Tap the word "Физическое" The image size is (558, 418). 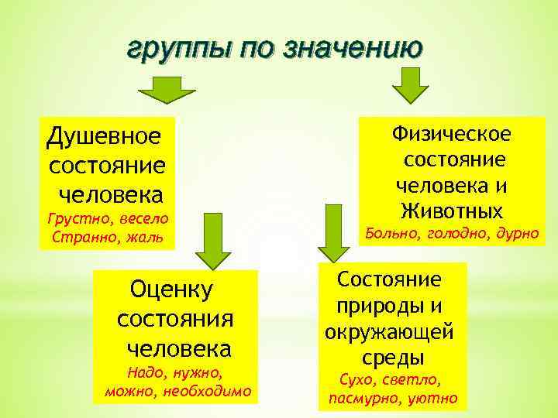451,134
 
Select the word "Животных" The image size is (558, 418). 452,210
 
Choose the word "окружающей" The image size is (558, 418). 388,332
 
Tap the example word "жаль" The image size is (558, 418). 143,236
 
